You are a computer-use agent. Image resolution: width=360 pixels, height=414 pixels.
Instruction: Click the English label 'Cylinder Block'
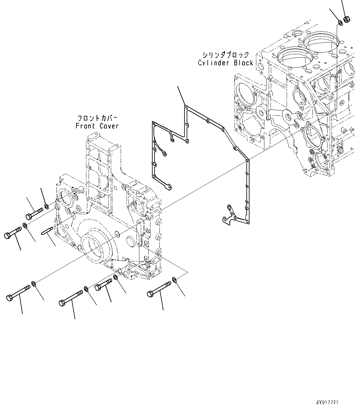click(x=226, y=63)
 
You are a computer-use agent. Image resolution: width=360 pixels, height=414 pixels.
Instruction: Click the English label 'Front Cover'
click(x=97, y=126)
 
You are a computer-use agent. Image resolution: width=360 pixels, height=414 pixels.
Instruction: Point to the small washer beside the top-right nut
click(x=340, y=22)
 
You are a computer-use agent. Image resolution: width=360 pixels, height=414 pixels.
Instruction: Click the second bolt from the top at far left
click(x=13, y=233)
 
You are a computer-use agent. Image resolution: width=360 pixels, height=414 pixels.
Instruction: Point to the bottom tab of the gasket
click(x=228, y=218)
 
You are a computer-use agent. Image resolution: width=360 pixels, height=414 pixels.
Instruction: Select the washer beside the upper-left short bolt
click(x=46, y=206)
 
